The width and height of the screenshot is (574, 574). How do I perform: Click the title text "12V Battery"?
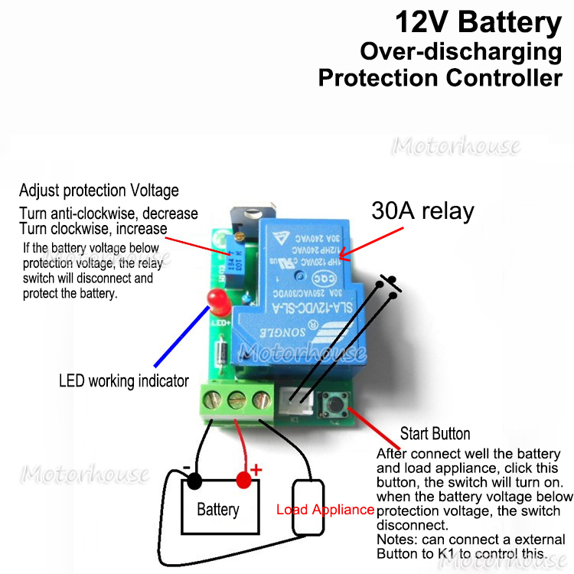tap(478, 23)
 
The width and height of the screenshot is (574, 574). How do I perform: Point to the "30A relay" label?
tap(422, 210)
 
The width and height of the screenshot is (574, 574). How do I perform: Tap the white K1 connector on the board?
tap(295, 399)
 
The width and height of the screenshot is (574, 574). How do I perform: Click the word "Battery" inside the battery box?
tap(218, 509)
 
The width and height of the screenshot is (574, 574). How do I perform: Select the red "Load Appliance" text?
tap(325, 510)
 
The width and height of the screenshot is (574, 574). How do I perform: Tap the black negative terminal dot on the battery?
tap(194, 481)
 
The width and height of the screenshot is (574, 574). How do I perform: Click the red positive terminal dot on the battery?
tap(244, 481)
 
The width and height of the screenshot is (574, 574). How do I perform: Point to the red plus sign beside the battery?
tap(256, 468)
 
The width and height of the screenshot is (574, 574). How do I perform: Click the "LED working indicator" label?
tap(124, 380)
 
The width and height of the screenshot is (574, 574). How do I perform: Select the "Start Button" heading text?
tap(435, 434)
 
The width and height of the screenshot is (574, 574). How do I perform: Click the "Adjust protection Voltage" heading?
tap(99, 190)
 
